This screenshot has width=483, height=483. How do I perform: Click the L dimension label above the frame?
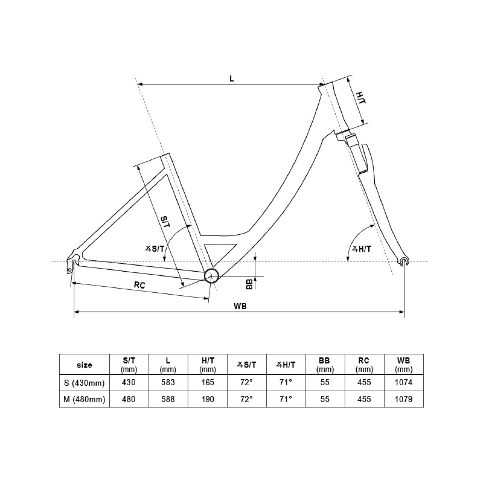click(231, 79)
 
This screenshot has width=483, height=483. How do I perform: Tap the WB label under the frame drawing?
click(240, 306)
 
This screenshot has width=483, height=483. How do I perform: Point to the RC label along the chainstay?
click(140, 285)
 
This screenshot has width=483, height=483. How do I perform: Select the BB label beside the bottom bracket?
click(250, 285)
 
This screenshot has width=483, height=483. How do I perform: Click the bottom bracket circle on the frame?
click(212, 276)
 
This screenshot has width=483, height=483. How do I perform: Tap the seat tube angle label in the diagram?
click(155, 249)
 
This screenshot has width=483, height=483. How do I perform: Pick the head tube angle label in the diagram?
click(362, 249)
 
